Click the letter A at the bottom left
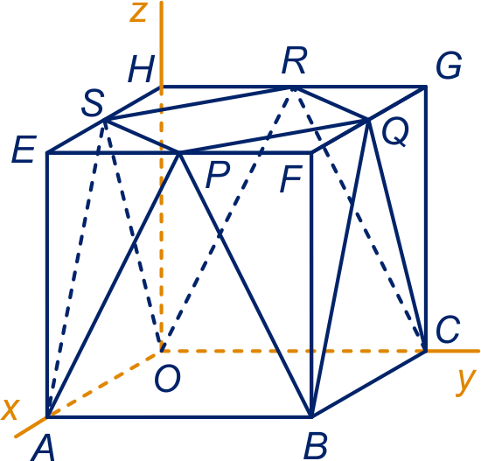[x=43, y=449]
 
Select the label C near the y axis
[x=448, y=330]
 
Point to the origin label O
[x=168, y=380]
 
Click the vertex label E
[x=24, y=150]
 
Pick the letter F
[x=291, y=178]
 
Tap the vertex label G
[x=450, y=65]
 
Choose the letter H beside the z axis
[x=141, y=69]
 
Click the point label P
[x=218, y=175]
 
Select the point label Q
[x=395, y=132]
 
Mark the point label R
[x=295, y=60]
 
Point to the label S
[x=93, y=103]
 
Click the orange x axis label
[x=10, y=409]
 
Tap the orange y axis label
[x=466, y=382]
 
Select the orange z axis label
[x=137, y=13]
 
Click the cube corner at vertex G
[x=426, y=87]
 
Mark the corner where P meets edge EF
[x=179, y=152]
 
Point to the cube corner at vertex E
[x=47, y=152]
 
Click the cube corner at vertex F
[x=312, y=152]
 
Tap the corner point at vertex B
[x=312, y=416]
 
